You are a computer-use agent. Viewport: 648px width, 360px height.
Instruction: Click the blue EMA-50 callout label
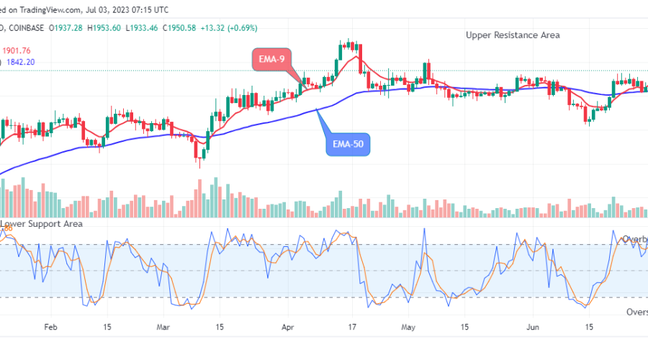[x=348, y=143]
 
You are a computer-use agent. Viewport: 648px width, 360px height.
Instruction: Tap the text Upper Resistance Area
[x=512, y=35]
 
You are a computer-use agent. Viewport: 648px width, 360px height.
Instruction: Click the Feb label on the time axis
[x=50, y=326]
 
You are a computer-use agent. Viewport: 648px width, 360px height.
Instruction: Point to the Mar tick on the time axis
[x=163, y=326]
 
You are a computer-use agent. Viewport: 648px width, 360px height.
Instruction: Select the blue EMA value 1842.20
[x=22, y=63]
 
